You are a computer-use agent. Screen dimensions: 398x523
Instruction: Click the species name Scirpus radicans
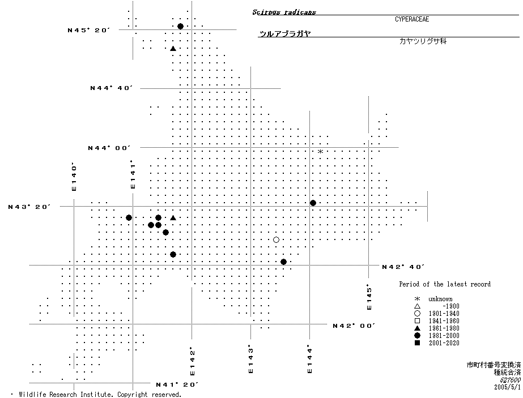tap(284, 12)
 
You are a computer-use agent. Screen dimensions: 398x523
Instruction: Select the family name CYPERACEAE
tap(412, 19)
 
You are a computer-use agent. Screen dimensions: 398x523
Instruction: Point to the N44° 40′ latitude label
tap(111, 88)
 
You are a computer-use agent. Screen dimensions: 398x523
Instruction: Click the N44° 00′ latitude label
tap(109, 148)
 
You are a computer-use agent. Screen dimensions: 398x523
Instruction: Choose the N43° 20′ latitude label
tap(30, 207)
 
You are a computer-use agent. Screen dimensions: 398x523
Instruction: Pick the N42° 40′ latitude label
tap(403, 267)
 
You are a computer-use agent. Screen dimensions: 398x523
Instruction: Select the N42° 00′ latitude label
tap(354, 326)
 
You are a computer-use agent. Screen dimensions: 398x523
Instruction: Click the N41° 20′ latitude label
tap(177, 385)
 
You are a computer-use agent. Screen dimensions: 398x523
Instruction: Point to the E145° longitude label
tap(369, 297)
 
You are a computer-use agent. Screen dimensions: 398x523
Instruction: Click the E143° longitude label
tap(250, 360)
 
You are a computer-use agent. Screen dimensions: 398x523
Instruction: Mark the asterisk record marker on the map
tap(320, 152)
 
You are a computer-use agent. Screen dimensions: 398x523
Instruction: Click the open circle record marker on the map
tap(276, 240)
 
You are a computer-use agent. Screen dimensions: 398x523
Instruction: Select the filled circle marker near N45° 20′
tap(180, 27)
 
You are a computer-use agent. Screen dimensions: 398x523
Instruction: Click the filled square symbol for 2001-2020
tap(417, 343)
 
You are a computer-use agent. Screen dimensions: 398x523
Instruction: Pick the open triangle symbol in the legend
tap(417, 306)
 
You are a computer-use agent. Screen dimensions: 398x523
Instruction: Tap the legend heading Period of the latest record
tap(445, 284)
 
